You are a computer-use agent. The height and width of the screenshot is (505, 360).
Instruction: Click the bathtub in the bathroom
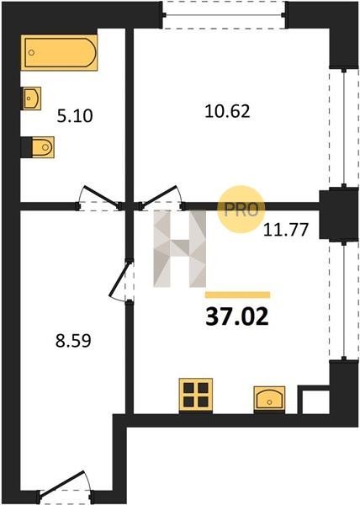(x=59, y=53)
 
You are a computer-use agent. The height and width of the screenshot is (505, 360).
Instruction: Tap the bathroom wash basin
(x=32, y=98)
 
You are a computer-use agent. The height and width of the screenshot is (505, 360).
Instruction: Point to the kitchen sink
(x=269, y=399)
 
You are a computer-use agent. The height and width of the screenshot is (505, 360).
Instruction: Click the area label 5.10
(x=75, y=116)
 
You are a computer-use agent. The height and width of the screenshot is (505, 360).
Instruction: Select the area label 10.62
(x=227, y=112)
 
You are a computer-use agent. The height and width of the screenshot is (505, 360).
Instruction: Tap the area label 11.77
(x=286, y=230)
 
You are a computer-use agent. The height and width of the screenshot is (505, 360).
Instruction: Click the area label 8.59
(x=73, y=341)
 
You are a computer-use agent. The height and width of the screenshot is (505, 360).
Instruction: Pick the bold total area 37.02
(x=237, y=316)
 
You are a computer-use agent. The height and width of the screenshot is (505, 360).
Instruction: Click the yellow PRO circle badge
(x=241, y=210)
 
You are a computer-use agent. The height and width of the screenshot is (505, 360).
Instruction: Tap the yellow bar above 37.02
(x=238, y=295)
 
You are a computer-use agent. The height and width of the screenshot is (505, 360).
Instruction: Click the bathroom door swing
(x=100, y=196)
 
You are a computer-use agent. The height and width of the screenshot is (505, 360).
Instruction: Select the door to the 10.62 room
(x=161, y=195)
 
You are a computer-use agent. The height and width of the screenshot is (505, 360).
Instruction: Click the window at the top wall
(x=223, y=15)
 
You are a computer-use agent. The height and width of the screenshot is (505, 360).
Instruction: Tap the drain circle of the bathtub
(x=31, y=53)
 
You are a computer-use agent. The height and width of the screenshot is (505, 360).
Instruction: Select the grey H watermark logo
(x=179, y=248)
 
